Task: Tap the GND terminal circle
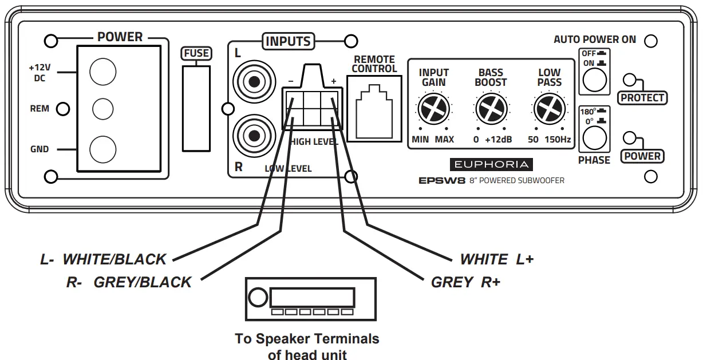[104, 149]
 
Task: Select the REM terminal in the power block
[103, 108]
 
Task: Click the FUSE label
[196, 54]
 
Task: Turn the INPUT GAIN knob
[433, 109]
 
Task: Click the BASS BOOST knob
[491, 109]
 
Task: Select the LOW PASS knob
[549, 109]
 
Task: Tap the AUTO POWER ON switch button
[594, 80]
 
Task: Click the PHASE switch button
[594, 138]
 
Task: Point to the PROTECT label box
[643, 98]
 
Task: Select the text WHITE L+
[496, 260]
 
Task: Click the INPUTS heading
[288, 41]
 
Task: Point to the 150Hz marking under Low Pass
[558, 140]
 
